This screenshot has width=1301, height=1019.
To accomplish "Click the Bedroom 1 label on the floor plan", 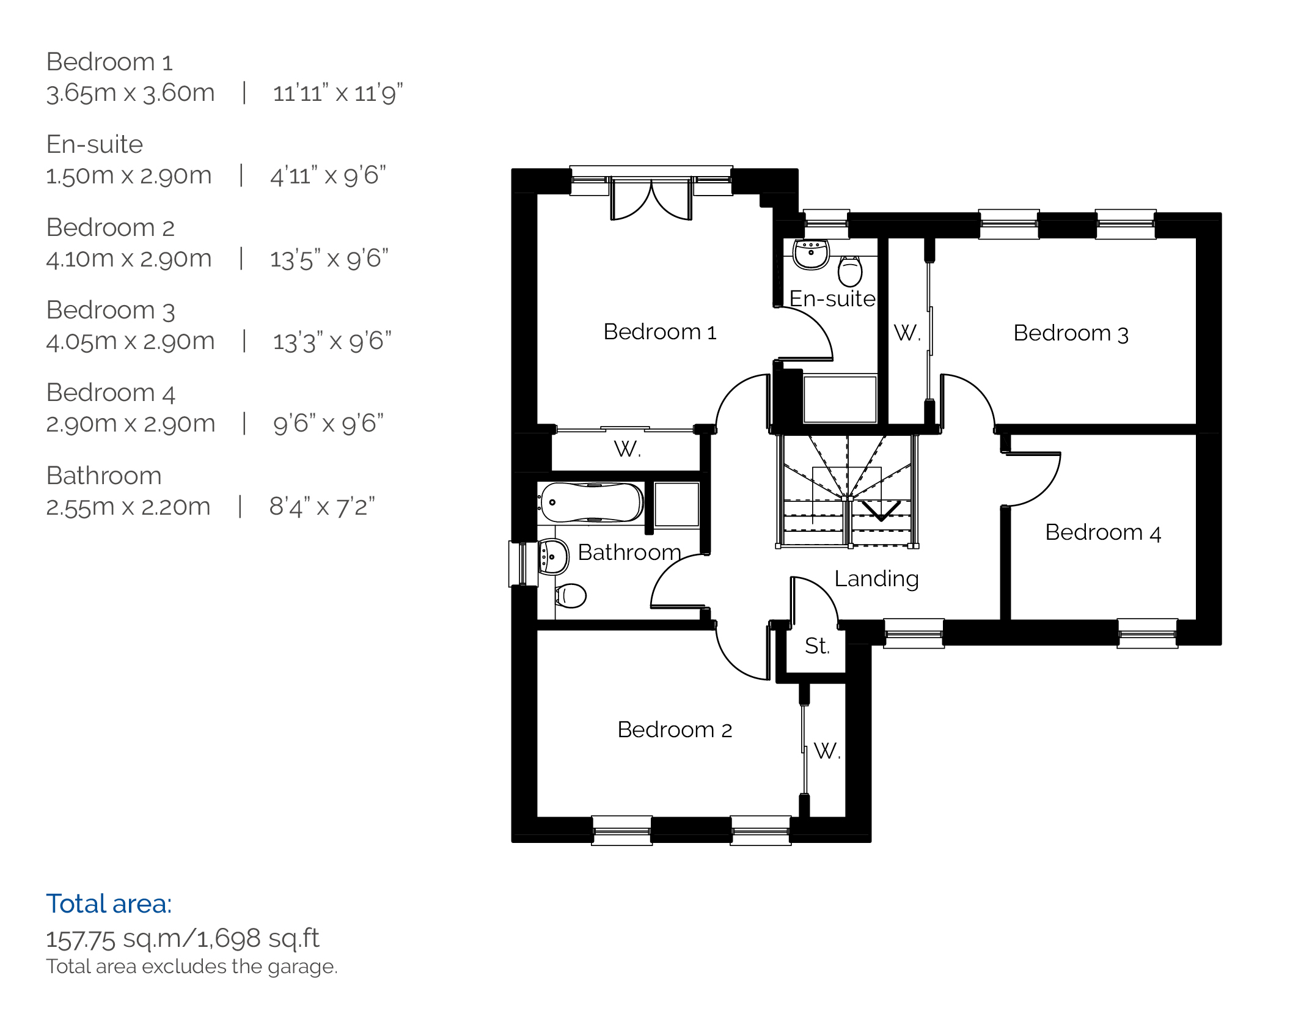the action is (x=659, y=332).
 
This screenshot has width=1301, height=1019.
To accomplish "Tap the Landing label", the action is (x=876, y=579).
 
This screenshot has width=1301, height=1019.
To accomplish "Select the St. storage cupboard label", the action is (x=817, y=646).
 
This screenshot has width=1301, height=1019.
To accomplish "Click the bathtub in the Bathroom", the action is (x=591, y=503).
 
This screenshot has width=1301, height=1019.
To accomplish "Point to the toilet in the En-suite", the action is (x=850, y=271).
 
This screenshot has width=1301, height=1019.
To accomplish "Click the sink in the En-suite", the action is (x=811, y=253).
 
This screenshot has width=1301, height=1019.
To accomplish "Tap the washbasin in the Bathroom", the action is (x=553, y=557).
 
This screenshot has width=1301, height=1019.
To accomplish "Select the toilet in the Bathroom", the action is (x=570, y=595).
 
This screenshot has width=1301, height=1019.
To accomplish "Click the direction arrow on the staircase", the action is (x=881, y=511).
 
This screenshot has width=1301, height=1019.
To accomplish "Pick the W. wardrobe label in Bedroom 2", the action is (x=827, y=751).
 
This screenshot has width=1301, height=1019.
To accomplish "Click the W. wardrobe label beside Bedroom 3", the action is (x=907, y=333).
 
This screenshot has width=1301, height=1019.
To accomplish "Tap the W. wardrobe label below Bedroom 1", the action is (x=627, y=449).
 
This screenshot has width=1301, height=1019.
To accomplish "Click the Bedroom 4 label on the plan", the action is (x=1103, y=532).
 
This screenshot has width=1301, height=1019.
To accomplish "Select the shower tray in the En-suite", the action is (x=840, y=399).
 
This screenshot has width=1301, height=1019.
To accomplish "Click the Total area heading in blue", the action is (x=109, y=903).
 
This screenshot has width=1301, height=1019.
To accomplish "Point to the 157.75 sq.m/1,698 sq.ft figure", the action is (x=183, y=938).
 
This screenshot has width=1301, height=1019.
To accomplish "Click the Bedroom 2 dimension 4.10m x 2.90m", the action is (x=129, y=259).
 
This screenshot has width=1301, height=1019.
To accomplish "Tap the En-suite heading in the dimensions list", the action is (x=95, y=144).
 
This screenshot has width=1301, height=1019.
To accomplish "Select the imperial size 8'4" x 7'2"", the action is (x=322, y=507).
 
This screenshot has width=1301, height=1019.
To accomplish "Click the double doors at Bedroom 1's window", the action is (x=651, y=198).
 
